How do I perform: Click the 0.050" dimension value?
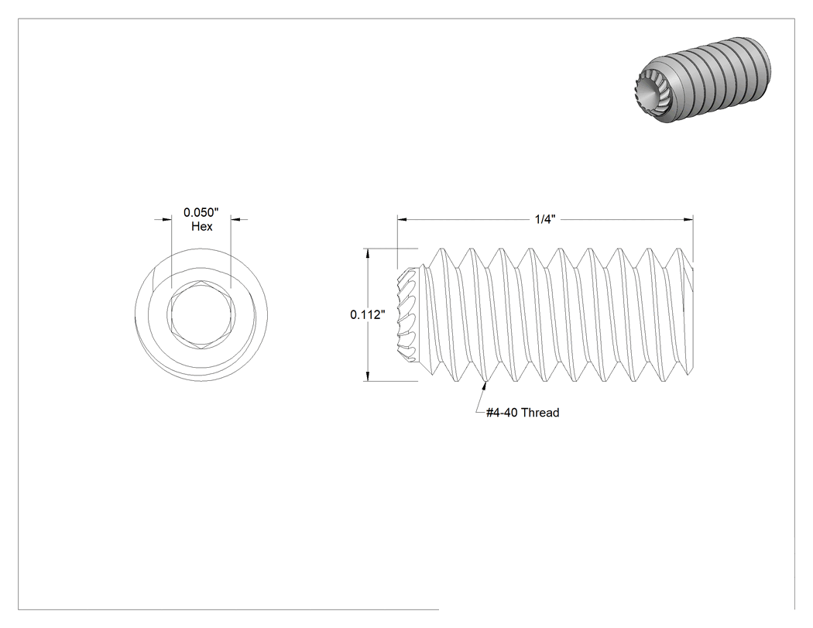(201, 212)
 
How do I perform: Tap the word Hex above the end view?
(201, 227)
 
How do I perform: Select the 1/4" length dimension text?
(545, 219)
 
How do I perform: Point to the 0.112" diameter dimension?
(368, 314)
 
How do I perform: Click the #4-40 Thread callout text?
(523, 413)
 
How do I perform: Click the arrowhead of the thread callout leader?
(485, 386)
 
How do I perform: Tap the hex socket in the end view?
(201, 314)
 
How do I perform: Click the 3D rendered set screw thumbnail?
(703, 81)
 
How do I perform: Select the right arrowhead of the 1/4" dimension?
(688, 219)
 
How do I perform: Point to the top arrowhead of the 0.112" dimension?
(368, 254)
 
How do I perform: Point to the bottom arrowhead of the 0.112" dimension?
(368, 376)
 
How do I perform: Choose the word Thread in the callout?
(540, 413)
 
